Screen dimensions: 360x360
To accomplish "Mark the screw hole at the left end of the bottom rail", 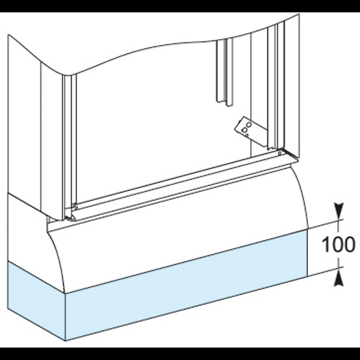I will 76,207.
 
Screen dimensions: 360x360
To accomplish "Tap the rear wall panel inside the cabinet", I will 150,108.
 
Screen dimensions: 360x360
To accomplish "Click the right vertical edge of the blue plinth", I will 308,252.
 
